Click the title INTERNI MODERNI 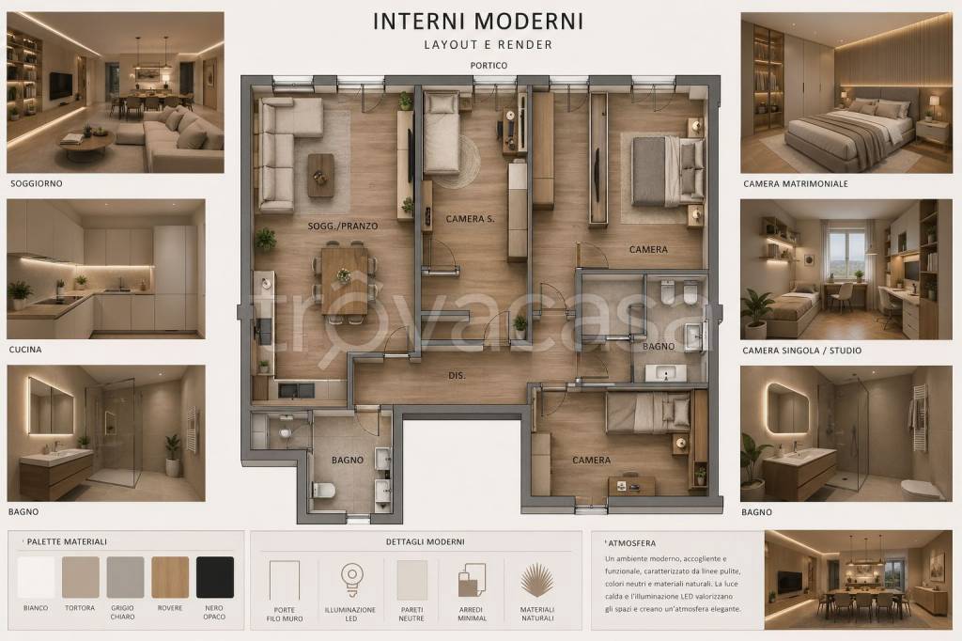point(478,21)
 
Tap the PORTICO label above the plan point(489,65)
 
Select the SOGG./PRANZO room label point(342,226)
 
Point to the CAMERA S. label point(470,219)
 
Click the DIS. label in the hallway point(457,375)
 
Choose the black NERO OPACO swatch point(215,577)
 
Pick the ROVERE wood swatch point(170,577)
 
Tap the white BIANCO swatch point(36,577)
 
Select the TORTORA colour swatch point(81,577)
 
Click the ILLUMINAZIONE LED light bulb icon point(352,579)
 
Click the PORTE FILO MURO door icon point(285,580)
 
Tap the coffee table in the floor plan point(321,175)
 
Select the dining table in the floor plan point(344,280)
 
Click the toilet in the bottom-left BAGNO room point(323,490)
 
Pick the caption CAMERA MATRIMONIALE point(795,183)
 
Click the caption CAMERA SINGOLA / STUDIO point(802,351)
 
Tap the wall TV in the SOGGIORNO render point(61,86)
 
